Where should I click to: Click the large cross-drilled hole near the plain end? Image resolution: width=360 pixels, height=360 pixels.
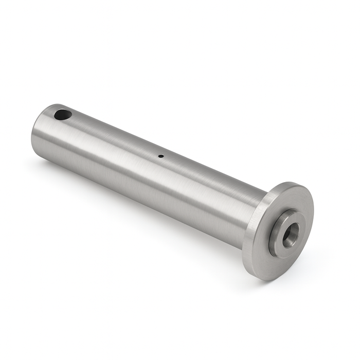click(63, 114)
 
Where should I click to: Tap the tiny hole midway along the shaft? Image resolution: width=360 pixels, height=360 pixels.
click(161, 156)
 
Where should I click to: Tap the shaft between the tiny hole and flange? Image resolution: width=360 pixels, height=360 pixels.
click(211, 180)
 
